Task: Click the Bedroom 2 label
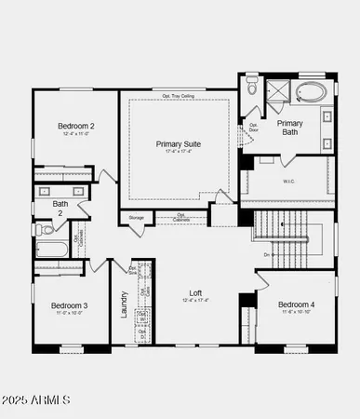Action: tap(76, 126)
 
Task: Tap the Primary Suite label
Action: tap(178, 144)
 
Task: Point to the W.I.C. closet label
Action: tap(289, 182)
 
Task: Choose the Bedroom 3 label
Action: tap(69, 305)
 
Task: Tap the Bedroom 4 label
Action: tap(296, 304)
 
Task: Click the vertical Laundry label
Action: tap(123, 304)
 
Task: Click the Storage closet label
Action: tap(136, 218)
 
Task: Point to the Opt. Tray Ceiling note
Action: tap(177, 95)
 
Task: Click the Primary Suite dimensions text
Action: tap(178, 154)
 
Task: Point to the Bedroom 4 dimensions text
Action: tap(296, 313)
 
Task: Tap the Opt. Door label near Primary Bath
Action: tap(253, 128)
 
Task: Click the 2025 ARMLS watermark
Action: tap(37, 400)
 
